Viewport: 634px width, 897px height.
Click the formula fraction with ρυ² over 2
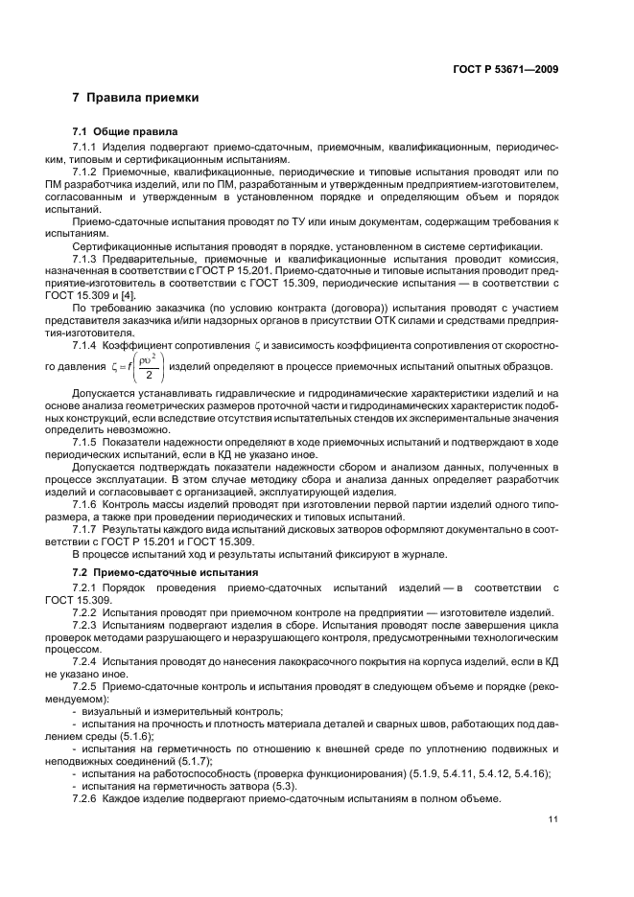tap(148, 367)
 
